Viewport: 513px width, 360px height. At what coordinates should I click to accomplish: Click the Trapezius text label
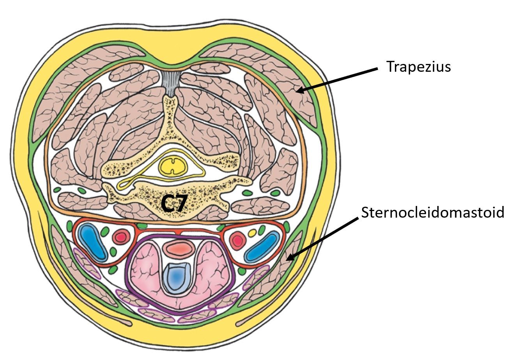(418, 66)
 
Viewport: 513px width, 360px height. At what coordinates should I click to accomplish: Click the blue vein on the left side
(92, 242)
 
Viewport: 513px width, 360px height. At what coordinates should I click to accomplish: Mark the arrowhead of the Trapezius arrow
(297, 92)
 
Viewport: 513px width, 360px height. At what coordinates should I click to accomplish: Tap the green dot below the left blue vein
(113, 270)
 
